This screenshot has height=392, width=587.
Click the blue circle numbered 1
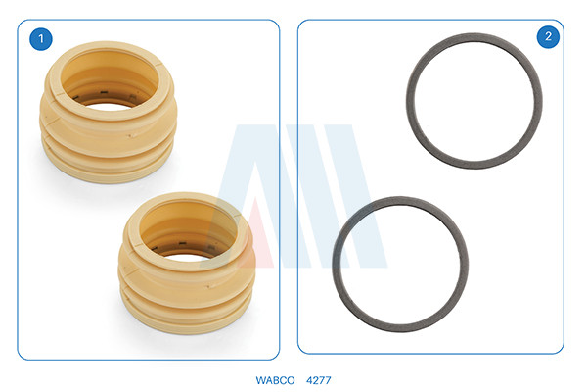[x=41, y=38]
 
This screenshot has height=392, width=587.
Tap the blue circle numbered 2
[x=548, y=36]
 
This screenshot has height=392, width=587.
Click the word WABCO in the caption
[x=275, y=380]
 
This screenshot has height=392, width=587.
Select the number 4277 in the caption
[x=319, y=380]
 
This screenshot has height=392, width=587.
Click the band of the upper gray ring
[x=410, y=101]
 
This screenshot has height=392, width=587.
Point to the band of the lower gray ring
[x=337, y=265]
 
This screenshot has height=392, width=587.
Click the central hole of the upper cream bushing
[x=110, y=80]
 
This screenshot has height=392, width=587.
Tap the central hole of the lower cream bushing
[x=188, y=232]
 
